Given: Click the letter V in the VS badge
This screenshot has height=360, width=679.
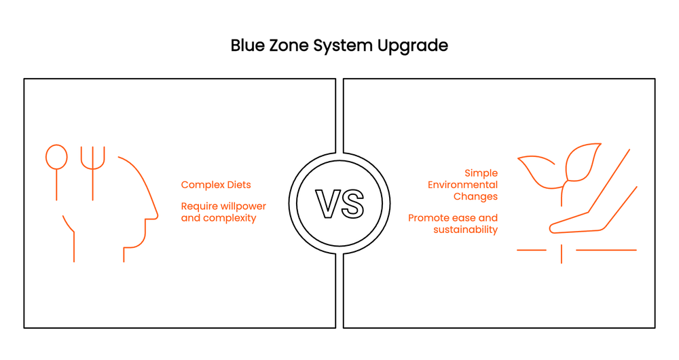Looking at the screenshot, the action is coord(328,203).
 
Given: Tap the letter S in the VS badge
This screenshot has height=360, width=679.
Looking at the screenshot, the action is coord(352,203).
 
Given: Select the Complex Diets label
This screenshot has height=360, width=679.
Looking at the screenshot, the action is coord(216,185).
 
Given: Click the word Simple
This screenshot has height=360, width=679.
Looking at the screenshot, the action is coord(481,173).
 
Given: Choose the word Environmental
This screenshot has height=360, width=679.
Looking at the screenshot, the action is coord(462,185).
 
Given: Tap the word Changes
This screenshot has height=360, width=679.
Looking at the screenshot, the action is coord(475,196).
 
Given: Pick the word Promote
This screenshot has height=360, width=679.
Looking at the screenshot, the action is coord(430,218).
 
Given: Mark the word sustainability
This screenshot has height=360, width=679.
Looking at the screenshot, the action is coord(465,230).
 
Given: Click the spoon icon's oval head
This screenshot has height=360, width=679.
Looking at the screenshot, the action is coord(56,157).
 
